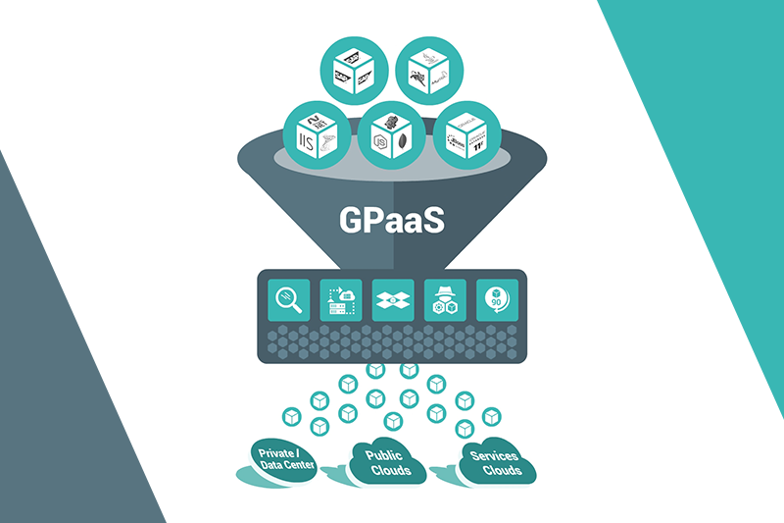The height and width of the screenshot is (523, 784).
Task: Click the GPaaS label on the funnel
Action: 392,217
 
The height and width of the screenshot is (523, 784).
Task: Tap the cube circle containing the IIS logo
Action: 316,135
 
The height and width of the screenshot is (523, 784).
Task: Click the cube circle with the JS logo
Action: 391,135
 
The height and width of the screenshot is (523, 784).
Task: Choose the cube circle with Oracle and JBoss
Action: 466,135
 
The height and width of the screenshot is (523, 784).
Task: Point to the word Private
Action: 275,453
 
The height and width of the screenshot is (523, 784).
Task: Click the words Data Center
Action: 286,466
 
